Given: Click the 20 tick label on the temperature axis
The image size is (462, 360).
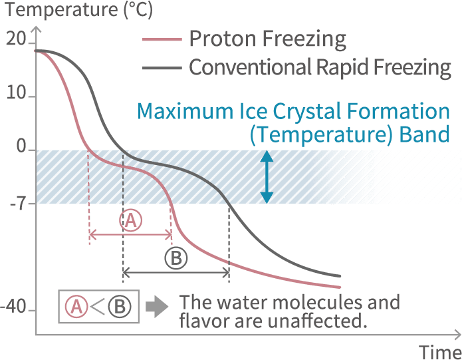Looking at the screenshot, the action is pos(15,39).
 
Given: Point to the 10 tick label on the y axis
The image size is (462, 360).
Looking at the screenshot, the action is pos(16,92).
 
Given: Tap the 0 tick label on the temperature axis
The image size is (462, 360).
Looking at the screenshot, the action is pos(21,146).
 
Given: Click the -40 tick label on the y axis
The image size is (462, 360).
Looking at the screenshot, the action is pos(13,306).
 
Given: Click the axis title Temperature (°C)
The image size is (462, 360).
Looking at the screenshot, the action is pos(79,10).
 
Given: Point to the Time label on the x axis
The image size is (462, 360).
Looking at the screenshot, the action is pos(440,352).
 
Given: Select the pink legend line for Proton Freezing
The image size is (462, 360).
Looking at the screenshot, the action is pos(162,39).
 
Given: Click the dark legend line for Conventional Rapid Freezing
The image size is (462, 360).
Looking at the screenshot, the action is pos(162,68).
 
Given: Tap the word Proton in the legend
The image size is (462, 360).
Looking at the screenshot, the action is pos(223,39).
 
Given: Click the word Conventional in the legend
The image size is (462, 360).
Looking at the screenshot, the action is pos(250,67).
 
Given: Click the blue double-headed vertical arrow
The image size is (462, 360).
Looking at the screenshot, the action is pos(267,177).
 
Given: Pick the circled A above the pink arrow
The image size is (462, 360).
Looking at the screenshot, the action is pos(130,220).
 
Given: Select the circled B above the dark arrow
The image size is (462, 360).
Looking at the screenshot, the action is pos(176,258).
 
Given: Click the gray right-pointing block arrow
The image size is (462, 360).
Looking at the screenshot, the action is pos(157,306).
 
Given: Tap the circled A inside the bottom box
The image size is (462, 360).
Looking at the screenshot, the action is pos(76,306).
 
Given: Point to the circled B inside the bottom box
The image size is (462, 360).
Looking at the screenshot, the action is pos(120,306).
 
